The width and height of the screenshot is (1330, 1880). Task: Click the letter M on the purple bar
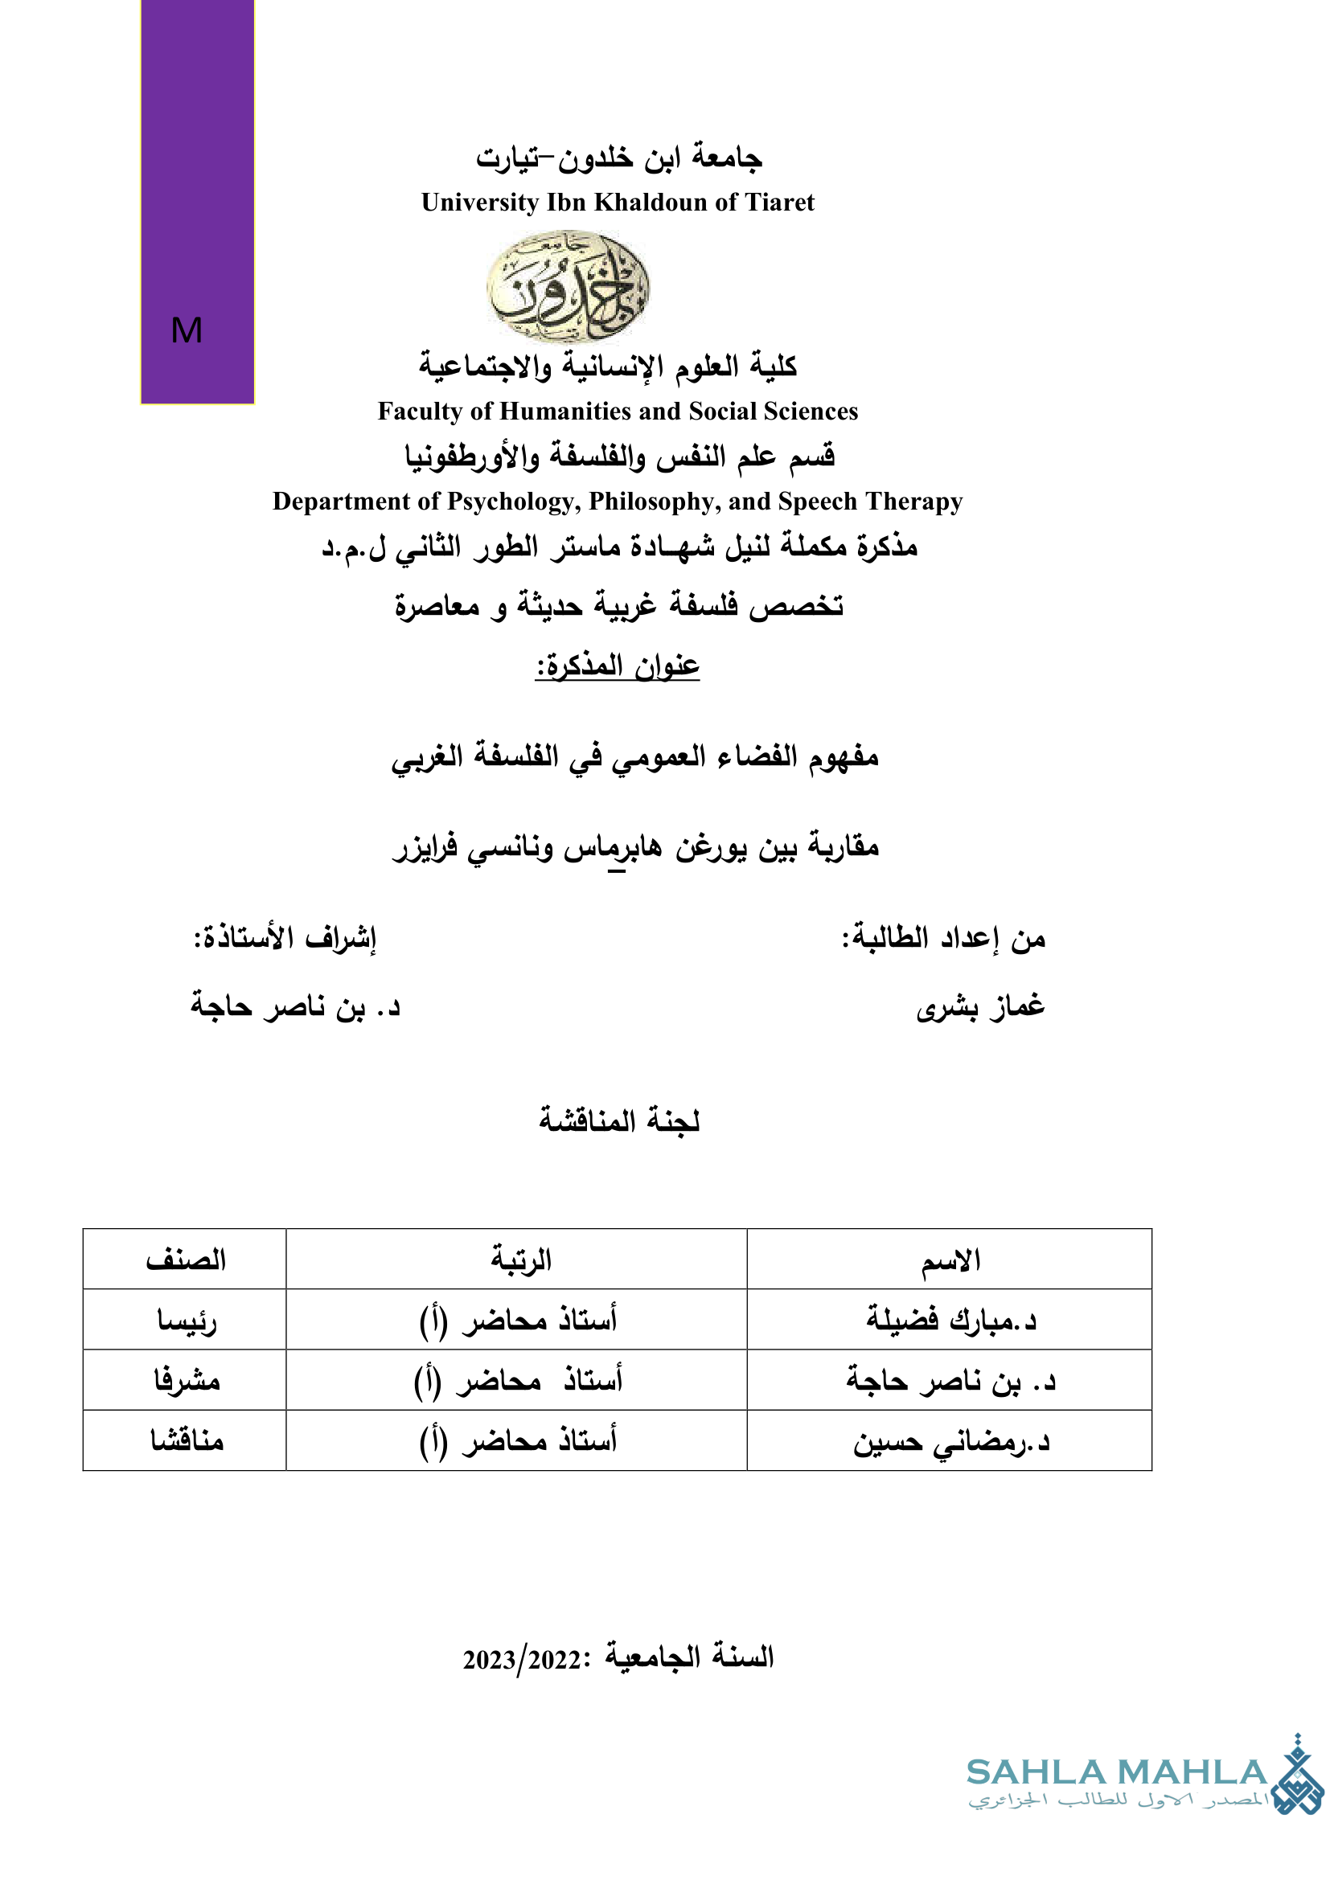point(187,331)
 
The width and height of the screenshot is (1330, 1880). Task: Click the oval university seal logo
point(568,286)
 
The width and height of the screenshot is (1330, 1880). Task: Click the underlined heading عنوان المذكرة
point(618,666)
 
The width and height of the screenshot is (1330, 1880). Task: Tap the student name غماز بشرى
point(980,1006)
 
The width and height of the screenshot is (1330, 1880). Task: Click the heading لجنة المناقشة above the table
point(619,1120)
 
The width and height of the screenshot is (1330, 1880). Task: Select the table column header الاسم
point(950,1260)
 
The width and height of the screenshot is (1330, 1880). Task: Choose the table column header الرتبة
point(521,1260)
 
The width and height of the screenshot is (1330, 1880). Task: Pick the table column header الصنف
point(186,1260)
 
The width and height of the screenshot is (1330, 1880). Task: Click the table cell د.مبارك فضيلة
point(950,1320)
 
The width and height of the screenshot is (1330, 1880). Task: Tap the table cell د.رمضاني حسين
point(950,1441)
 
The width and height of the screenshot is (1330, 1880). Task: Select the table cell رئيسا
point(187,1321)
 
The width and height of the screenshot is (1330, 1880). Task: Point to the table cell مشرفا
point(187,1382)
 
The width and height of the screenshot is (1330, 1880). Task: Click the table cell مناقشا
point(187,1441)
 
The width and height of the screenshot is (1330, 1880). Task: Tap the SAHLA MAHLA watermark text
point(1116,1773)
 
